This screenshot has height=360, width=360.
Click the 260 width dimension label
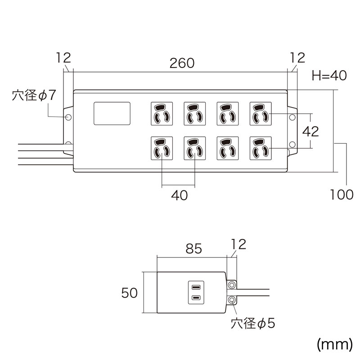pyautogui.click(x=182, y=63)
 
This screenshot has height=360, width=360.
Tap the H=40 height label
pyautogui.click(x=329, y=76)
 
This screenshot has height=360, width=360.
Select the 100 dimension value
pyautogui.click(x=342, y=194)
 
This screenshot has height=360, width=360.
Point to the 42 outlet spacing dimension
pyautogui.click(x=310, y=131)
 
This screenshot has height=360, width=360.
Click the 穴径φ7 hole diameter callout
pyautogui.click(x=34, y=96)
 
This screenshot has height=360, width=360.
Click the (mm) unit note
pyautogui.click(x=334, y=344)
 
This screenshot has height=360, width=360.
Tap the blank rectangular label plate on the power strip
pyautogui.click(x=112, y=113)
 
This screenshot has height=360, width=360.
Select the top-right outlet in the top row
pyautogui.click(x=260, y=113)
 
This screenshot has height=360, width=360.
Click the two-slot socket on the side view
pyautogui.click(x=196, y=292)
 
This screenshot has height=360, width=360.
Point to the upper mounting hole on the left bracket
pyautogui.click(x=68, y=117)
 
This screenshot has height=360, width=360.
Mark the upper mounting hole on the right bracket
pyautogui.click(x=292, y=117)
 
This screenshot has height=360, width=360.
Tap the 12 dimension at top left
pyautogui.click(x=64, y=58)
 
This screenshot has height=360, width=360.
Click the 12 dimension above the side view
pyautogui.click(x=239, y=244)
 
